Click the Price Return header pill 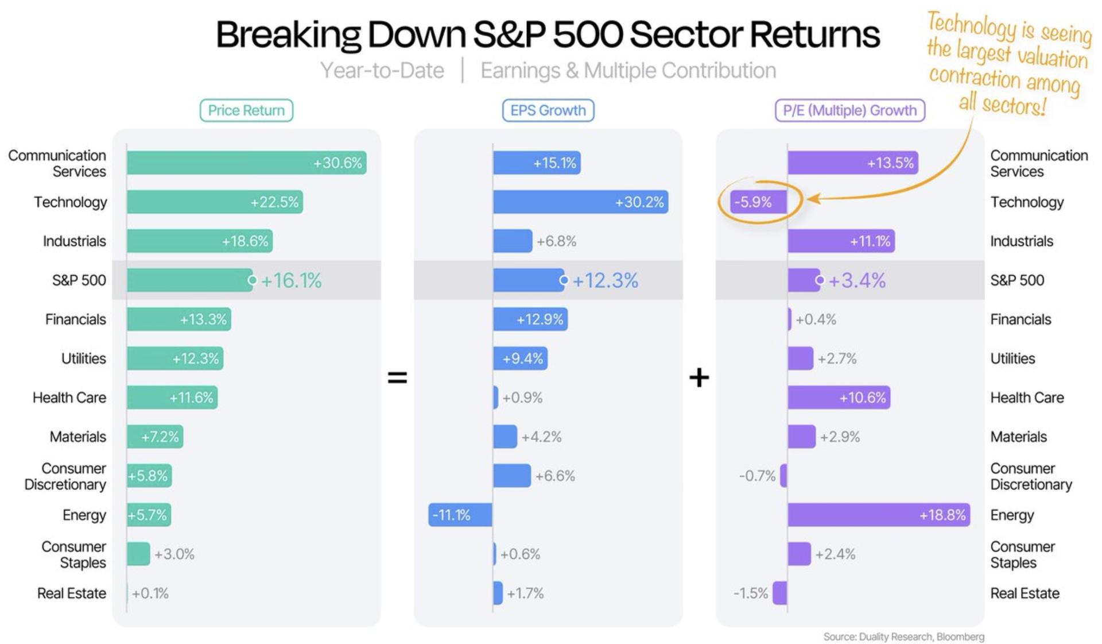coord(246,110)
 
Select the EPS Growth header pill coord(548,110)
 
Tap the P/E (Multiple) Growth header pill coord(849,110)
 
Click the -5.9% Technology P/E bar coord(758,202)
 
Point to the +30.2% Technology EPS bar coord(580,202)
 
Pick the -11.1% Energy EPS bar coord(460,515)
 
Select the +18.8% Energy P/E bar coord(878,515)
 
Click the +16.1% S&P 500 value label coord(292,280)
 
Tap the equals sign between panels coord(397,377)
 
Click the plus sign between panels coord(699,377)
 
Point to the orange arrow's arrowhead coord(813,199)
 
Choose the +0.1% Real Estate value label coord(150,593)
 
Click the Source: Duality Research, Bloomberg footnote coord(903,637)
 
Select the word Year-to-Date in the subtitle coord(382,71)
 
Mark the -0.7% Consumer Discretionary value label coord(756,476)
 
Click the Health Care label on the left coord(69,398)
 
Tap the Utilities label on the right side coord(1012,358)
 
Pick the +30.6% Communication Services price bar coord(246,163)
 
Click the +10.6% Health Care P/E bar coord(839,398)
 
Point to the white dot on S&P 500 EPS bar coord(564,280)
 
